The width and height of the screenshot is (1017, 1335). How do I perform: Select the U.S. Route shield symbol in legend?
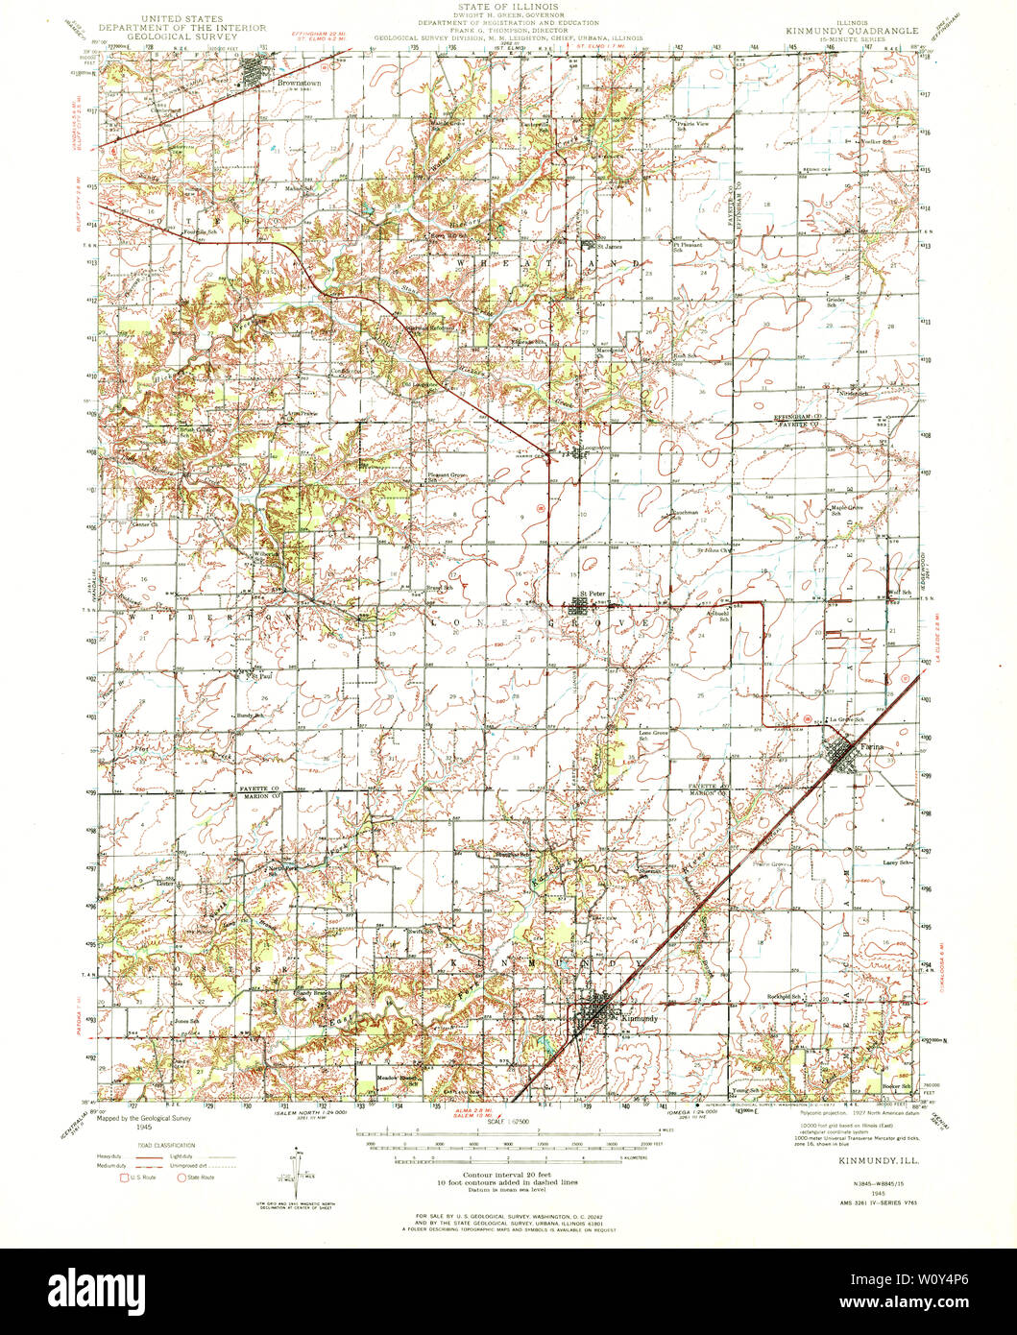pyautogui.click(x=123, y=1177)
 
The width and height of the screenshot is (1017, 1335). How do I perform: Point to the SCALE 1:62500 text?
pyautogui.click(x=508, y=1120)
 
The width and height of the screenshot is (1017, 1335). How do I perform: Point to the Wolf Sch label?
pyautogui.click(x=900, y=593)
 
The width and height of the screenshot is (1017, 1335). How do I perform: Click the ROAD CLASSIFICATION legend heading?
pyautogui.click(x=153, y=1145)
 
